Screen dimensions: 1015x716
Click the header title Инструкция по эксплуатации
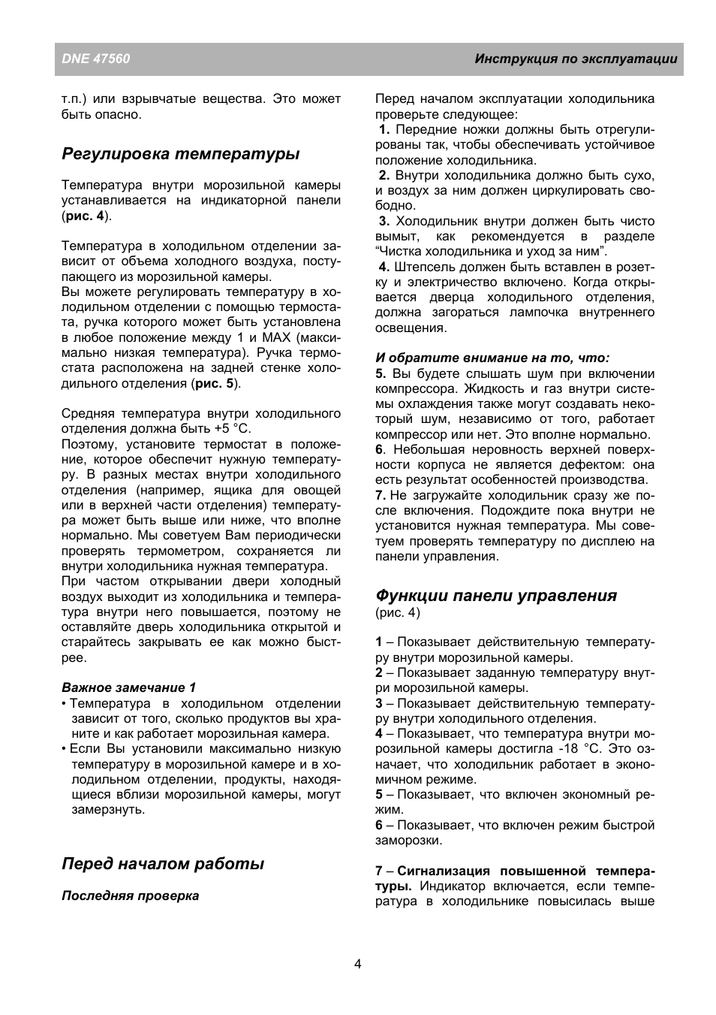coord(576,59)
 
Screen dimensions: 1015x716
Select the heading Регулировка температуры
coord(180,154)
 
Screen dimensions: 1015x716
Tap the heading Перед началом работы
coord(163,864)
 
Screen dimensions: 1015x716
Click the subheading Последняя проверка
coord(131,896)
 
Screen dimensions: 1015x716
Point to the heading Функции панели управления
coord(496,596)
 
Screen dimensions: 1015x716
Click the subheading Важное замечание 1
coord(128,687)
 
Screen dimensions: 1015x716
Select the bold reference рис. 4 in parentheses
coord(85,216)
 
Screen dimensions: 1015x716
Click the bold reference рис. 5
coord(215,383)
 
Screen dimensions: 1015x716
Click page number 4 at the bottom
coord(358,964)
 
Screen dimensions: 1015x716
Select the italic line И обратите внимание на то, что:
coord(492,358)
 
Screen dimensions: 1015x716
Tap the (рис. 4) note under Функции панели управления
coord(398,612)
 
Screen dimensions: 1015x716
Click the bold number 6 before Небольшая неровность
coord(380,449)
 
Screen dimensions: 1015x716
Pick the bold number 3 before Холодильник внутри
coord(384,221)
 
